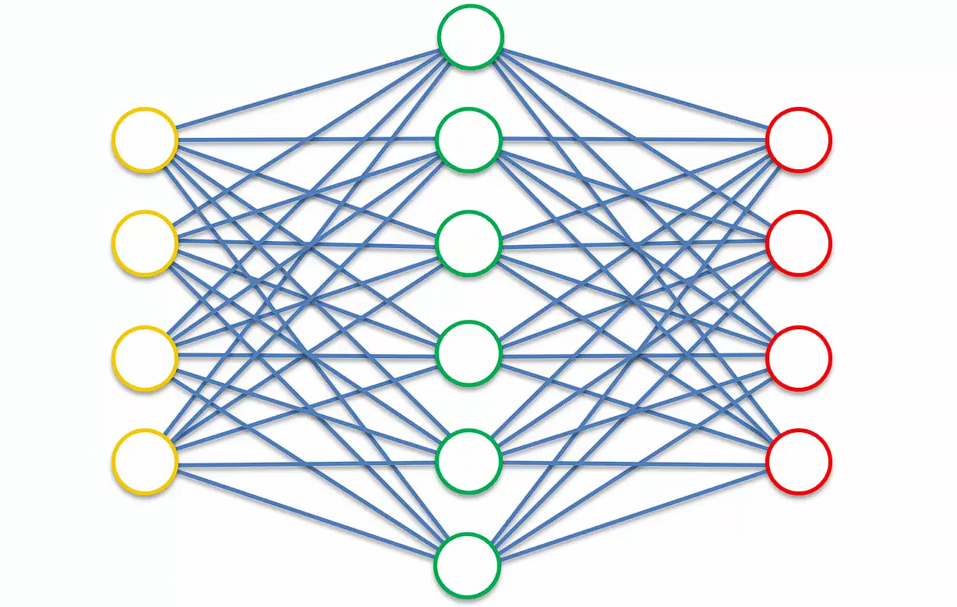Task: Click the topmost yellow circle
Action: (x=145, y=140)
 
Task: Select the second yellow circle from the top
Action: (x=145, y=243)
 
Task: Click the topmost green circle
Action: (x=470, y=37)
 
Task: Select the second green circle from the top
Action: (x=468, y=140)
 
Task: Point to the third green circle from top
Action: (x=468, y=243)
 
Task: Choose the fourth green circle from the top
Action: (x=468, y=353)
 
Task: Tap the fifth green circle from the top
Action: (x=468, y=461)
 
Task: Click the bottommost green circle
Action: (x=466, y=565)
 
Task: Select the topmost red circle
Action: (x=799, y=140)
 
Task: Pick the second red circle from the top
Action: (x=798, y=243)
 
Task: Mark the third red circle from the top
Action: (x=798, y=358)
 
